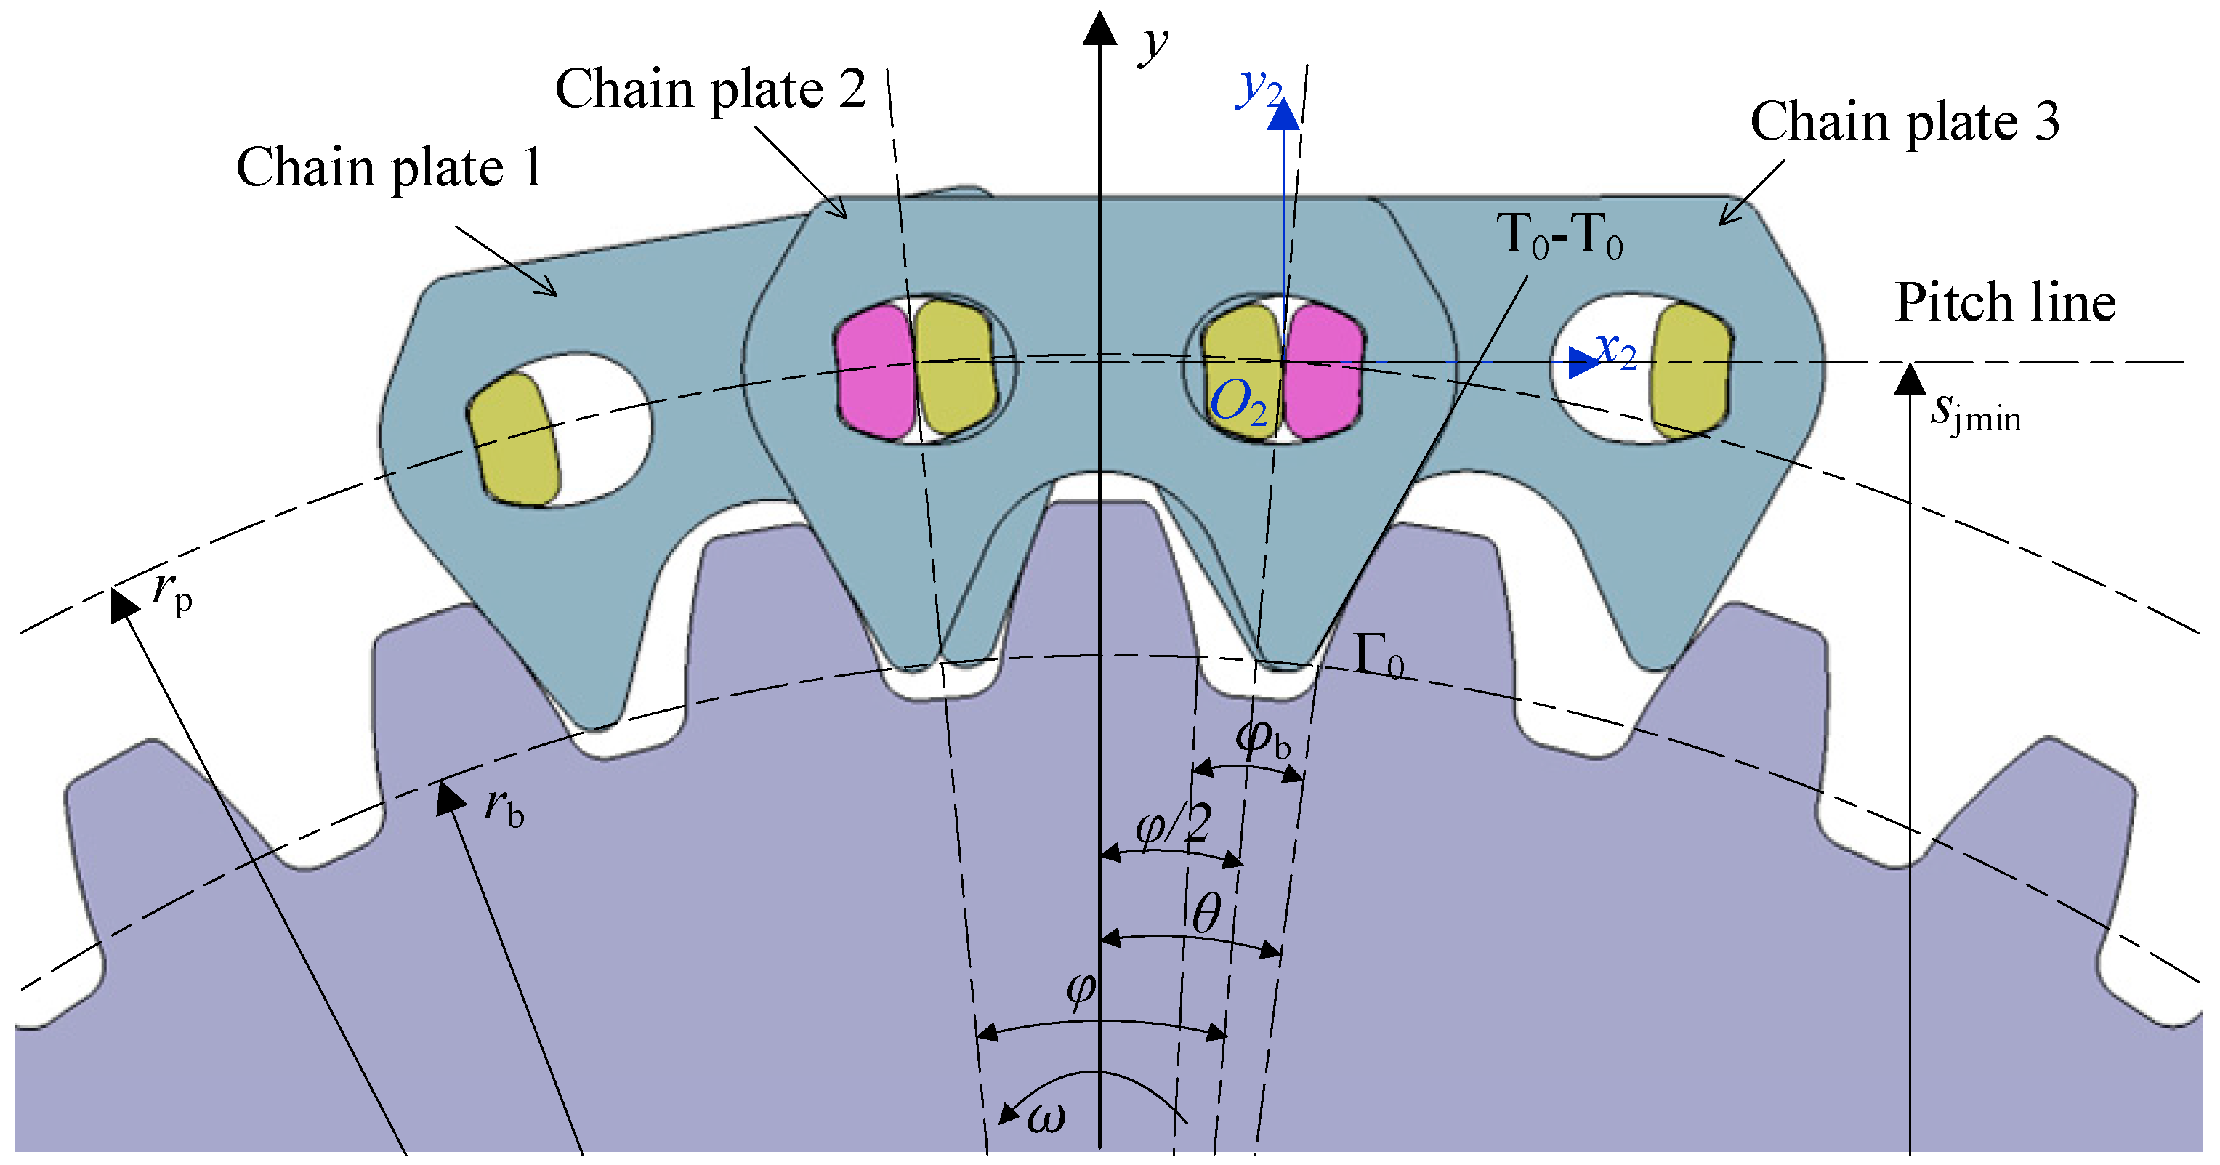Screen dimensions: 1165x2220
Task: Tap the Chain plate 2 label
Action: pyautogui.click(x=710, y=89)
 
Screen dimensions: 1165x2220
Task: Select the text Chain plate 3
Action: pyautogui.click(x=1905, y=121)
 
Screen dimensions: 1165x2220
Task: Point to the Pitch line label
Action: pyautogui.click(x=2006, y=302)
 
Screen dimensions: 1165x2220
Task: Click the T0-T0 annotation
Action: pyautogui.click(x=1560, y=235)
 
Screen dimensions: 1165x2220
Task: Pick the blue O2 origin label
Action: pyautogui.click(x=1239, y=403)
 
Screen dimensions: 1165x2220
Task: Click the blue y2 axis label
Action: pyautogui.click(x=1259, y=87)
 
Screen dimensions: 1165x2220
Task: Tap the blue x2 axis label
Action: pyautogui.click(x=1616, y=352)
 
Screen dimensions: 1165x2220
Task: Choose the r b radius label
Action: pyautogui.click(x=504, y=807)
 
